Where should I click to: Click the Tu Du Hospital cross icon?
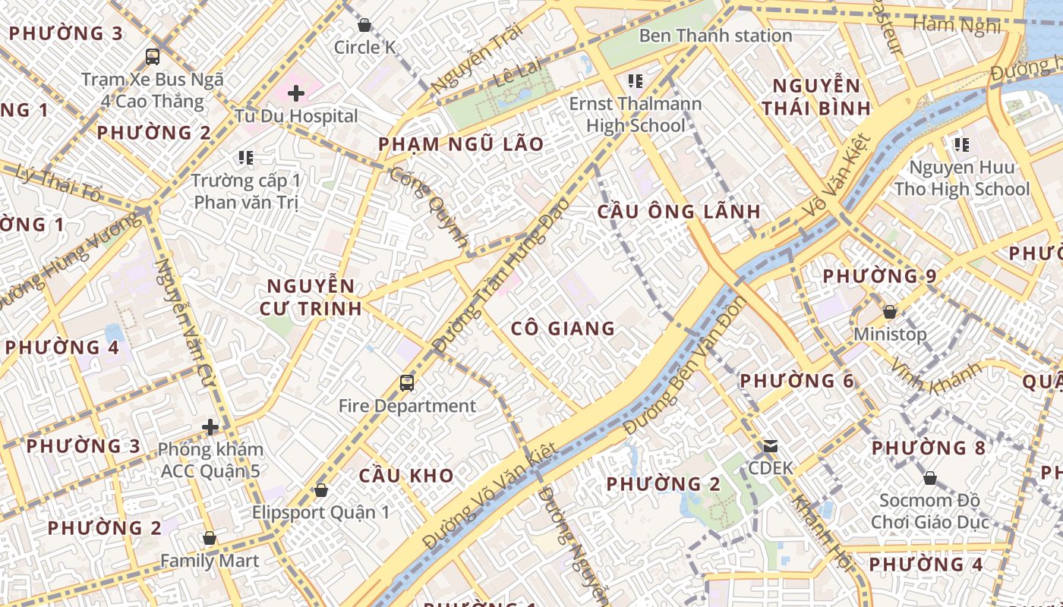coord(296,93)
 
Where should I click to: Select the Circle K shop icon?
coord(364,25)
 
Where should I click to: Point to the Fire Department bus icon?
coord(407,383)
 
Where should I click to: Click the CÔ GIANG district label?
coord(563,329)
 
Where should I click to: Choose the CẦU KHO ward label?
coord(406,476)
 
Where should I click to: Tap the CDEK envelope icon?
coord(771,446)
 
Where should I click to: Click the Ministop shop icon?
coord(890,312)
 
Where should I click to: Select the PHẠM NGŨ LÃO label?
coord(461,144)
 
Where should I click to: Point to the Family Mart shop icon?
coord(210,539)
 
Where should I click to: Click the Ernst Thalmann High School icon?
coord(636,80)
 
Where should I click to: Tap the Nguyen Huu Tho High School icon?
coord(961,144)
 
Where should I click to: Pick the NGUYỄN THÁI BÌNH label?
coord(816,96)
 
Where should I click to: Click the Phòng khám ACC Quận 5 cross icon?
coord(210,427)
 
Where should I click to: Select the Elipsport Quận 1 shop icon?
coord(321,490)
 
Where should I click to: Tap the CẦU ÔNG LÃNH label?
coord(679,211)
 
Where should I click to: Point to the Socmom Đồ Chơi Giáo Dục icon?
coord(929,478)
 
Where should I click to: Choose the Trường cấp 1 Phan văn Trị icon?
coord(245,158)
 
